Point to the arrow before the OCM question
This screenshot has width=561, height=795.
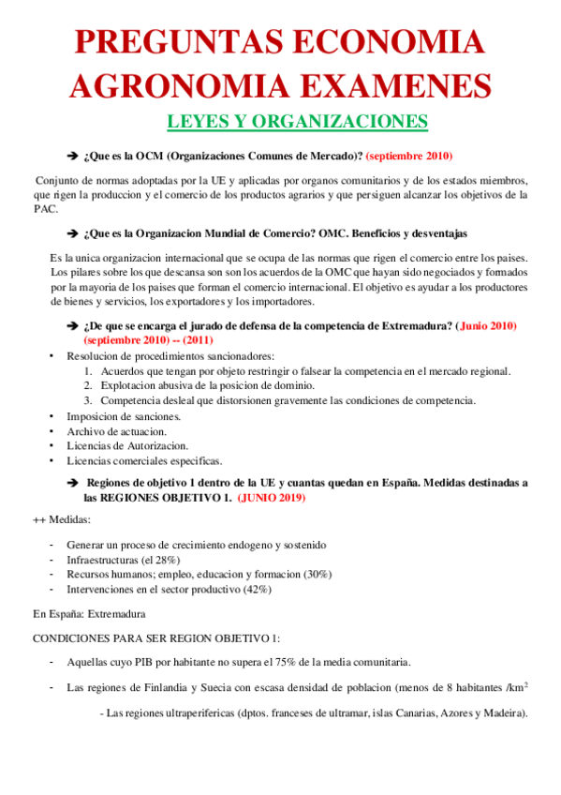(x=72, y=155)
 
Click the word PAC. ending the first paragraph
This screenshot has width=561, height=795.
(x=46, y=209)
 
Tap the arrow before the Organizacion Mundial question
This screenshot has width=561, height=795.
(x=72, y=232)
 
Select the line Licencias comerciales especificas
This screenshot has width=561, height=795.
(x=143, y=460)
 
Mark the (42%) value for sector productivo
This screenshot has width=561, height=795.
(x=254, y=589)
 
